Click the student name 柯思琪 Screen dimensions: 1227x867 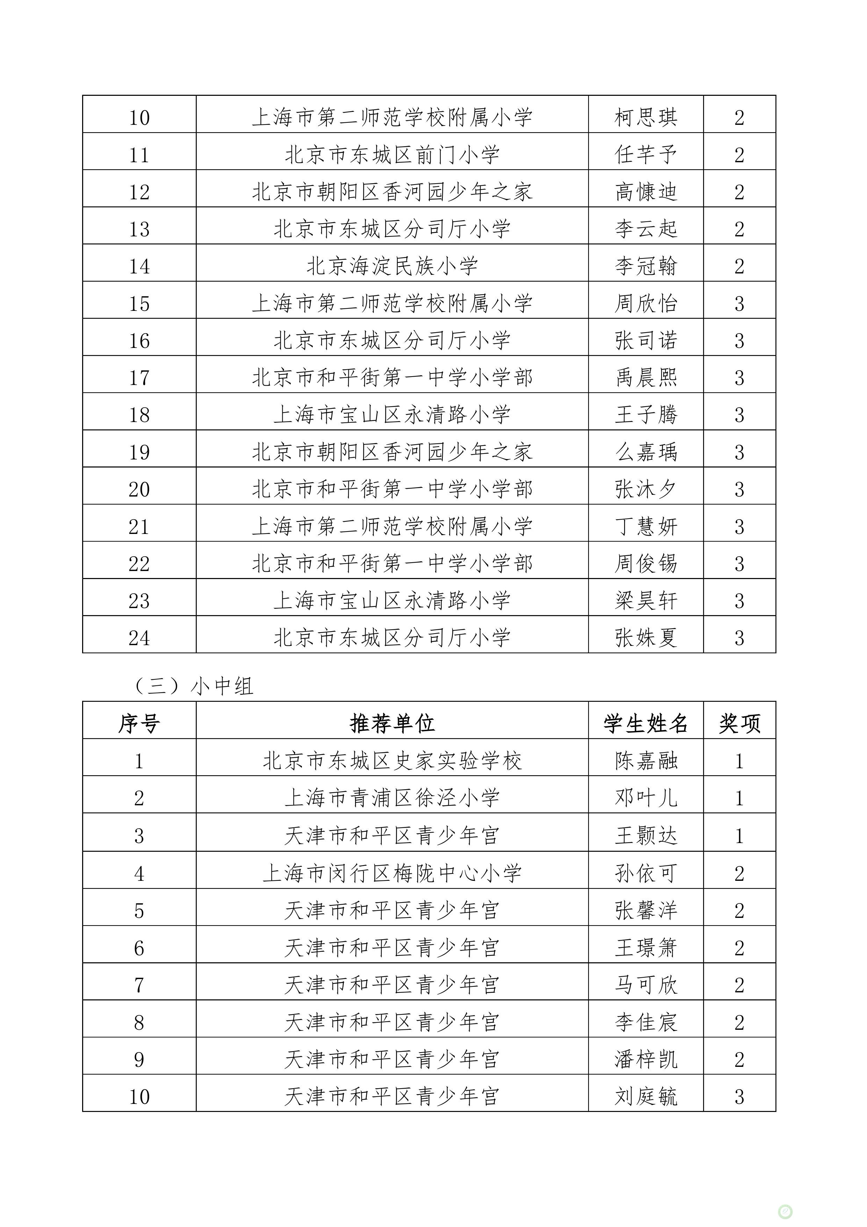point(645,117)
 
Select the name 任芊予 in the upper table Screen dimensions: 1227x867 point(645,155)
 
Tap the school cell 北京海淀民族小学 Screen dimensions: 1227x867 point(392,266)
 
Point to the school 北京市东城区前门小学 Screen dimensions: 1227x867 point(392,155)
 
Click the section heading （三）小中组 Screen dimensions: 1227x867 point(192,686)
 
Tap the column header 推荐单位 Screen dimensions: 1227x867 point(392,723)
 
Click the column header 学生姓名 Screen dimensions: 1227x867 point(645,723)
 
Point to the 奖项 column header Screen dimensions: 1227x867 point(739,723)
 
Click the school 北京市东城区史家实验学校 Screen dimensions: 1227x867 point(392,761)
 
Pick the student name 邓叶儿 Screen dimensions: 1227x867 point(645,798)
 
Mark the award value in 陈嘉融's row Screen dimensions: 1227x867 point(739,761)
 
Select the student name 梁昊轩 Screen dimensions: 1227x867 point(645,601)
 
